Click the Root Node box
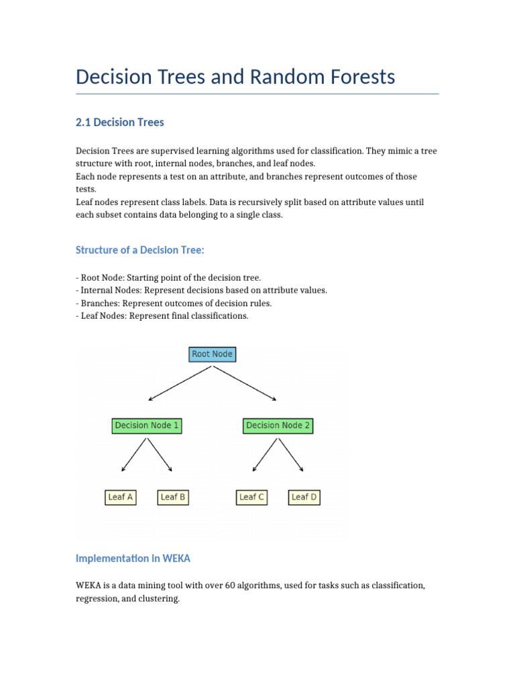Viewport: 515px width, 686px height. click(x=212, y=354)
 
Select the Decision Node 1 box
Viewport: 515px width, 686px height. click(x=147, y=425)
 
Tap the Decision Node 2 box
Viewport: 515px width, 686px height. click(x=278, y=425)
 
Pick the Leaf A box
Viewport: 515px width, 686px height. click(x=121, y=497)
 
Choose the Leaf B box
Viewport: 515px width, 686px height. click(x=173, y=497)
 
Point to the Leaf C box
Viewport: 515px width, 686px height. click(x=251, y=497)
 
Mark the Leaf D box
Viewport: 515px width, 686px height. click(x=304, y=497)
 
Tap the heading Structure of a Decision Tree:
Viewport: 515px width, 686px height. click(x=139, y=251)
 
